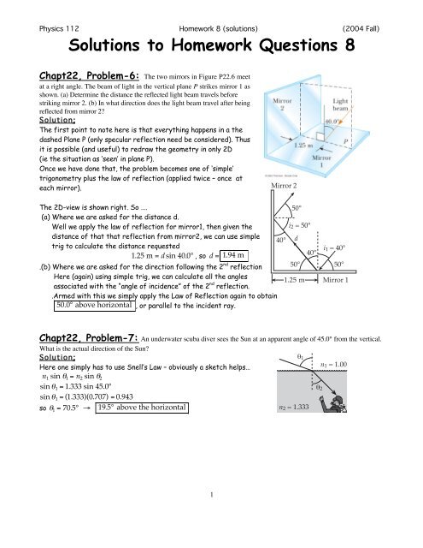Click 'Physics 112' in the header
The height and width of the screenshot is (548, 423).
pyautogui.click(x=42, y=10)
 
